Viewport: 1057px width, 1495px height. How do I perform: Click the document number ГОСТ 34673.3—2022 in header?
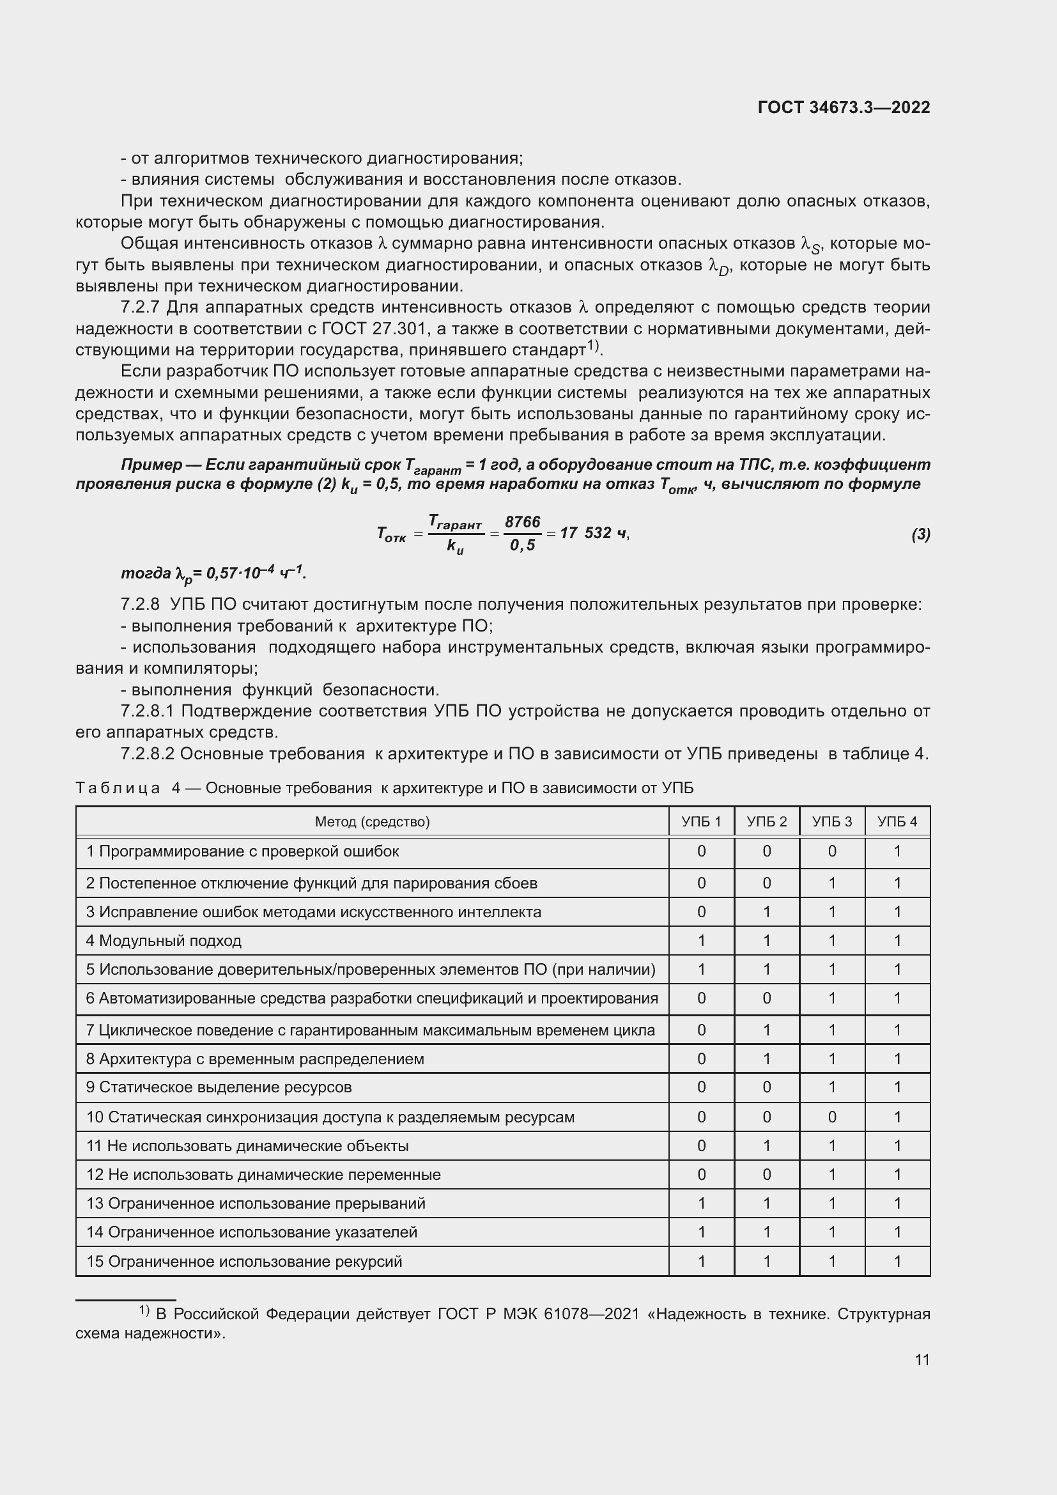tap(844, 107)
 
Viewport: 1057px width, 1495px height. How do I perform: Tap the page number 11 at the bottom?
tap(922, 1359)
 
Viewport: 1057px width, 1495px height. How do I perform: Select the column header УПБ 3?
tap(832, 822)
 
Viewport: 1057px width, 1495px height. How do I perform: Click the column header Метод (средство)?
tap(373, 822)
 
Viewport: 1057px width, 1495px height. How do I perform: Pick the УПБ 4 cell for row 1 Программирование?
tap(897, 851)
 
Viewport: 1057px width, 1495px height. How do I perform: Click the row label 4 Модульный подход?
tap(164, 941)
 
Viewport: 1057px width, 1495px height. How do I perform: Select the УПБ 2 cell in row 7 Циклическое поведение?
tap(767, 1030)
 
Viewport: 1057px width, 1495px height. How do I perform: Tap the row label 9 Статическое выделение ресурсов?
tap(219, 1087)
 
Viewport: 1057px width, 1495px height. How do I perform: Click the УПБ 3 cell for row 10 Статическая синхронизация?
tap(832, 1117)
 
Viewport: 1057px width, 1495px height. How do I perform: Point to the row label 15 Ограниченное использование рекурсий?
tap(244, 1261)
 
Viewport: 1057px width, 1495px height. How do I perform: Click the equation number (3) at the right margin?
tap(920, 534)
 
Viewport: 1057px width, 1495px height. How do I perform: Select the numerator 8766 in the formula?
tap(523, 522)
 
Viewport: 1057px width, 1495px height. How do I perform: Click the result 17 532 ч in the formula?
tap(593, 533)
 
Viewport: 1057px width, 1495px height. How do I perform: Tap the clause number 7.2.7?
tap(141, 307)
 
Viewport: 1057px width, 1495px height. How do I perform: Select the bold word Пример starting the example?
tap(151, 465)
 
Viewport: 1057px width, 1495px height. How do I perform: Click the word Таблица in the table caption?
tap(118, 789)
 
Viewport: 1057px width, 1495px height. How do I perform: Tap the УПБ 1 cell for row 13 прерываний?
tap(701, 1204)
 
